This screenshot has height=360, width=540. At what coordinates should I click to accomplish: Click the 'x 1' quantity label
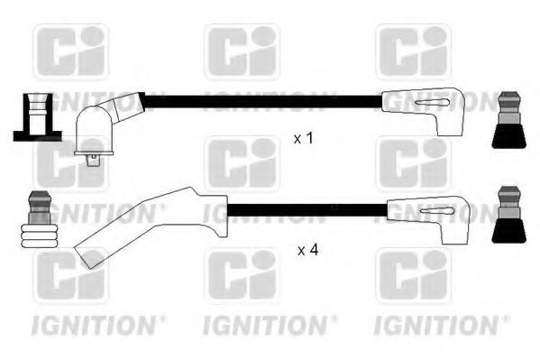305,139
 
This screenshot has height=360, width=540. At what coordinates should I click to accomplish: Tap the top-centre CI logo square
242,51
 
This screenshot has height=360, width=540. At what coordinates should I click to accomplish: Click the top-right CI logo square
413,51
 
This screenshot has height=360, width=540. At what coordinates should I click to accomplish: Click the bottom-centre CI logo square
242,276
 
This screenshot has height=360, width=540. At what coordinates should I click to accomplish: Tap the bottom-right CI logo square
413,276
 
